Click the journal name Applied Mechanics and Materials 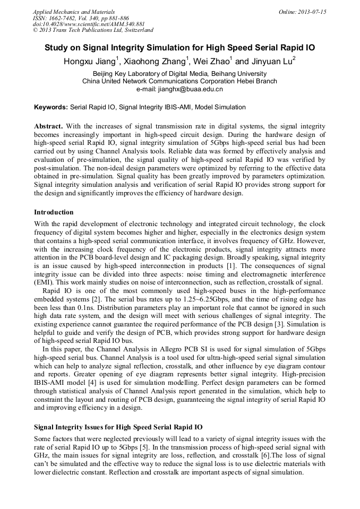(73, 12)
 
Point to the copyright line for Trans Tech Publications (93, 30)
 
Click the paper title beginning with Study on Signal (179, 48)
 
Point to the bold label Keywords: (51, 107)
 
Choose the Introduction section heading (54, 212)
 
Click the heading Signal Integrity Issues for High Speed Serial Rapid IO (118, 427)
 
